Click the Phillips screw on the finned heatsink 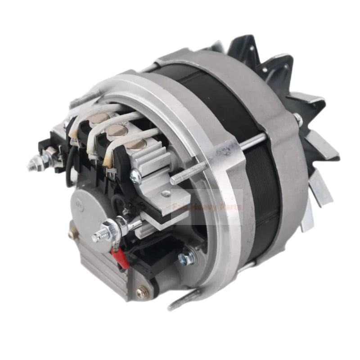coord(135,175)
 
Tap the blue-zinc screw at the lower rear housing coord(187,258)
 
